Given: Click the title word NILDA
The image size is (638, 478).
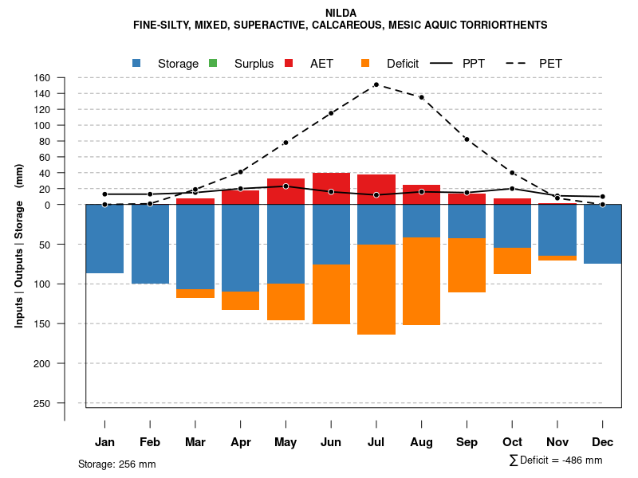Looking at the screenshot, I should (341, 13).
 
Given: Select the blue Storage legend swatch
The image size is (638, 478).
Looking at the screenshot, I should (137, 63).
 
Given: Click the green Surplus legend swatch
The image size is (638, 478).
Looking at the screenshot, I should (213, 63).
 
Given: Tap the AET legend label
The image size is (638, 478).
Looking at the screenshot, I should (321, 64).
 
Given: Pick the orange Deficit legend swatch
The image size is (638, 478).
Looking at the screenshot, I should (365, 63).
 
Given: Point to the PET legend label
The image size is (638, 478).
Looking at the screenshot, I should (551, 64).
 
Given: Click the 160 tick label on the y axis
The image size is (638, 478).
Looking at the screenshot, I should (41, 78).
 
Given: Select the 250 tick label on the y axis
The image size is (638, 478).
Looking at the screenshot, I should (41, 403).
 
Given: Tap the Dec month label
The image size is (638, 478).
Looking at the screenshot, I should (602, 442).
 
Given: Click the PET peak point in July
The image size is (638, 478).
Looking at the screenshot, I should (376, 84).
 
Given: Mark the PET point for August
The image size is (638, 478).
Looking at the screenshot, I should (421, 97).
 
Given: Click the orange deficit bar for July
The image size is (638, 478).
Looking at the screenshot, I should (376, 289).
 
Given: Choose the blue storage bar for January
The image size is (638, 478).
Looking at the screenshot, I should (104, 239).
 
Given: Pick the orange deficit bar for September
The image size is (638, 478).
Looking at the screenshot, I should (467, 265).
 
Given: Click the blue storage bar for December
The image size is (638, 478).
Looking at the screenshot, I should (602, 234).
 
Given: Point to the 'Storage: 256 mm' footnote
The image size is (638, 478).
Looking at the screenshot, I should (116, 464).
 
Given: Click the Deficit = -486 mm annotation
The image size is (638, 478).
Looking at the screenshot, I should (556, 460).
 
